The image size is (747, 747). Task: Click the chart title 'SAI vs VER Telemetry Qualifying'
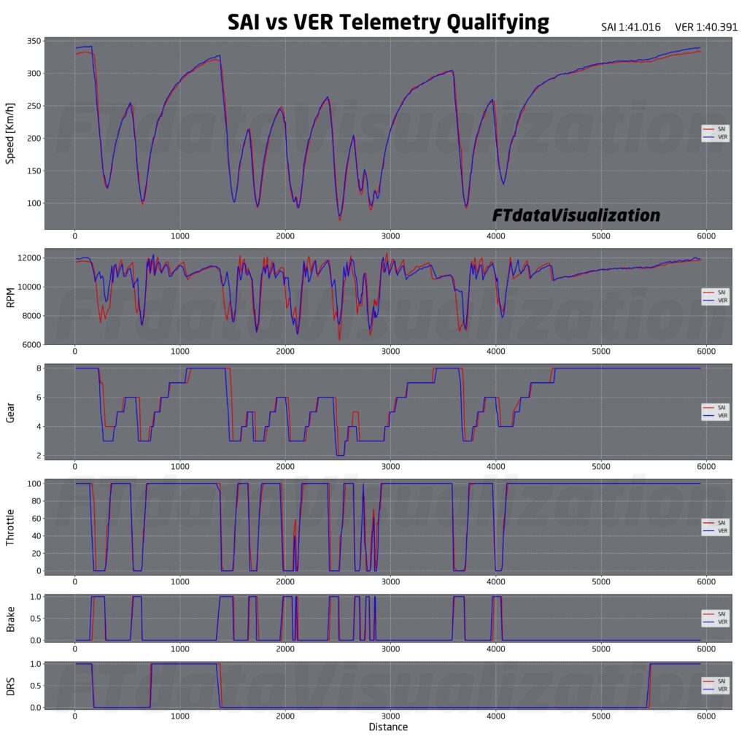pos(388,22)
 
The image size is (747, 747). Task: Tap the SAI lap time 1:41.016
pos(630,27)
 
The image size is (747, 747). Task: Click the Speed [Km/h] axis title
pos(11,133)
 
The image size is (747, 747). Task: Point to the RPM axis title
pos(11,297)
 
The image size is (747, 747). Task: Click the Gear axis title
pos(11,412)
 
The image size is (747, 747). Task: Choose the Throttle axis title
pos(11,527)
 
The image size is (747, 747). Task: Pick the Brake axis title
pos(11,618)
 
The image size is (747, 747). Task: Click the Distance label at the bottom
pos(388,727)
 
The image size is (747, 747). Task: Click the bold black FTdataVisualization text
pos(576,215)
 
